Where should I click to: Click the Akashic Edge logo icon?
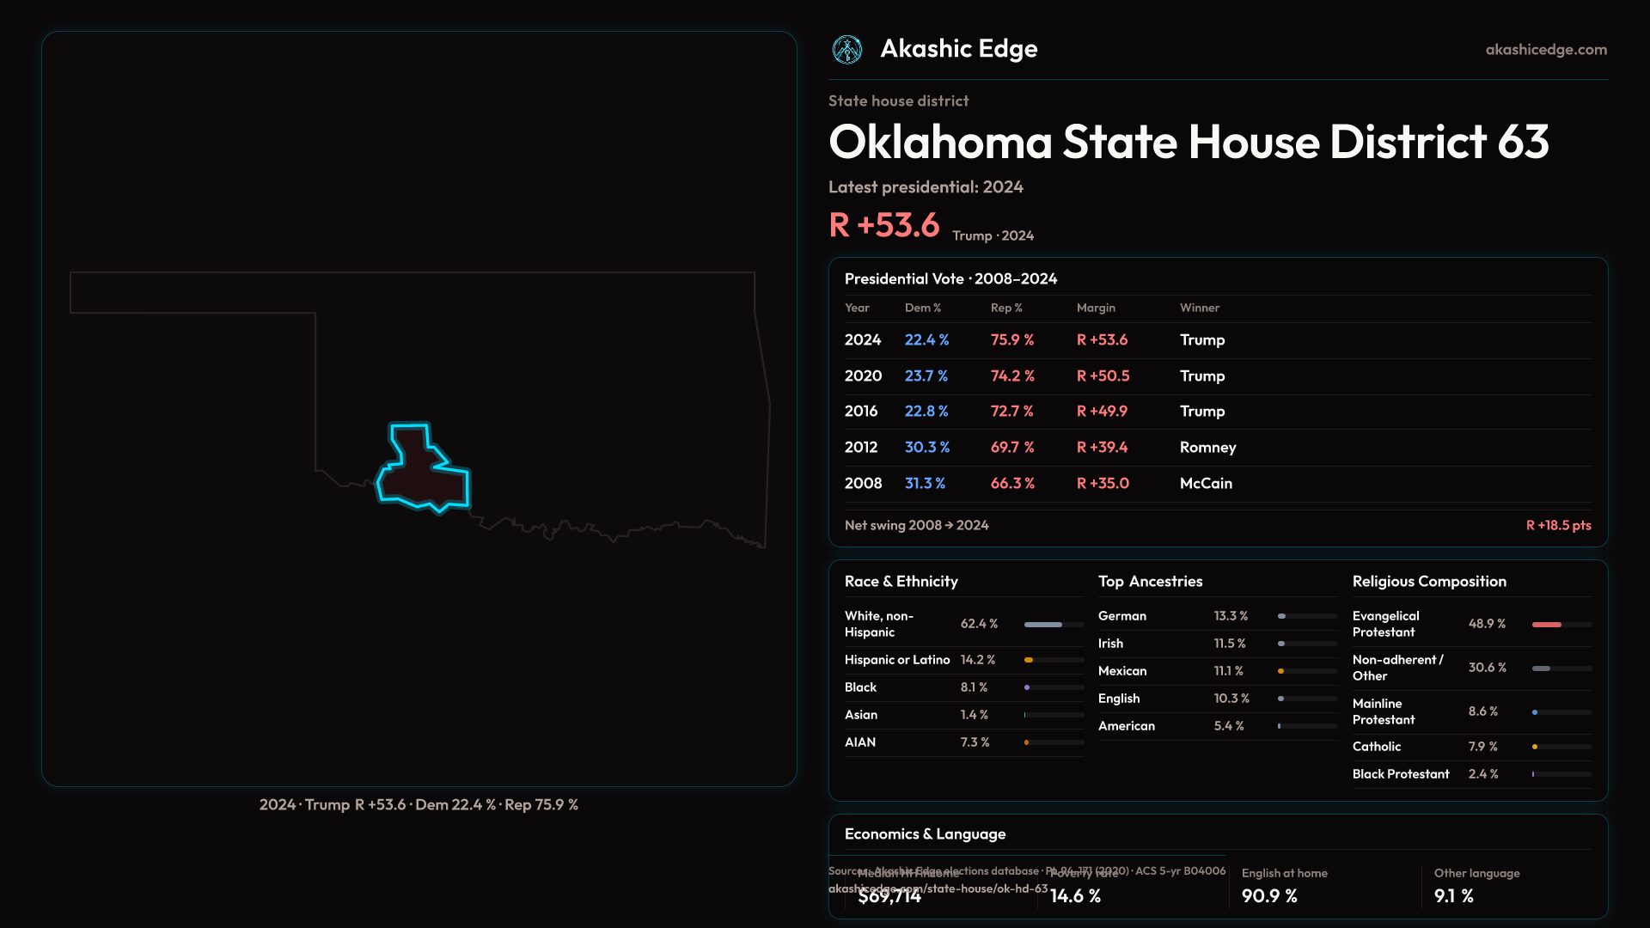[847, 50]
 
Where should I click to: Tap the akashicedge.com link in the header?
[1546, 50]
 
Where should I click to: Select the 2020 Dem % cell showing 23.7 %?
[926, 376]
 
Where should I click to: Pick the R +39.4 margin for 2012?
[1102, 448]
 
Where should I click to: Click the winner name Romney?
[1207, 448]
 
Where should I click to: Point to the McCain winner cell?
[1206, 484]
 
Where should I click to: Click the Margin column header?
[1096, 308]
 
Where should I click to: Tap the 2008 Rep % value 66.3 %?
[1012, 484]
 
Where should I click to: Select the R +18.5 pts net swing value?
[1558, 526]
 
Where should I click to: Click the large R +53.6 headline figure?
[884, 225]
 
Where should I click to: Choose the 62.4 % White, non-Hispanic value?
[979, 624]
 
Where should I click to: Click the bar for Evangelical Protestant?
[1561, 625]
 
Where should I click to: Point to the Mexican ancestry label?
[1122, 671]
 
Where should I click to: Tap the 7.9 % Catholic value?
[1482, 747]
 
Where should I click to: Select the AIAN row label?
[860, 742]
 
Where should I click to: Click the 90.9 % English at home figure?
[1269, 896]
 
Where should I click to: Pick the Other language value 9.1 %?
[1453, 896]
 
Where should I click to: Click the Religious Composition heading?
[1429, 582]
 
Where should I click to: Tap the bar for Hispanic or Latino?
[1054, 660]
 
